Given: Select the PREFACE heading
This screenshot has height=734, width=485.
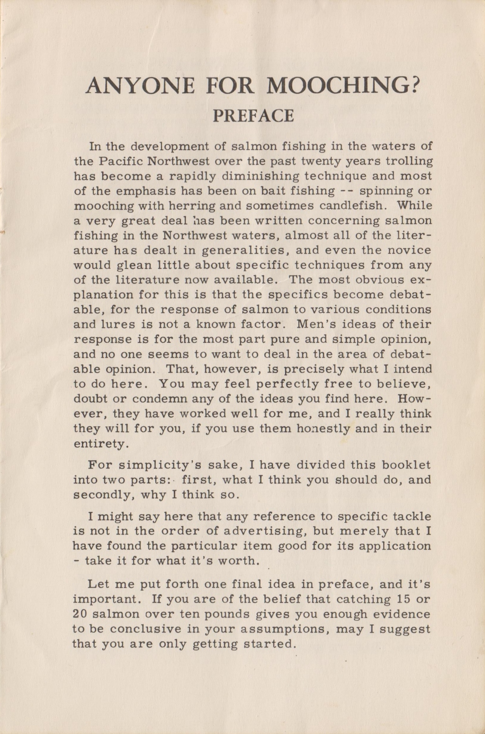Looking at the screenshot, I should tap(253, 116).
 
